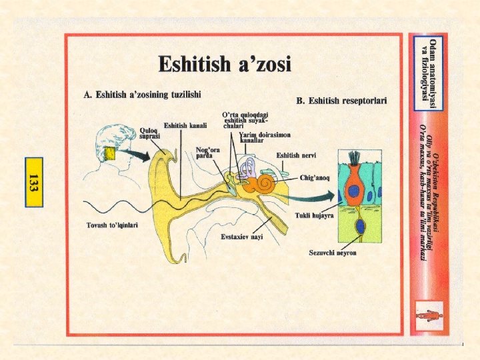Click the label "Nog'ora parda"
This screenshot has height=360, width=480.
point(207,152)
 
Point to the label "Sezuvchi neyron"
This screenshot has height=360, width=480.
point(332,253)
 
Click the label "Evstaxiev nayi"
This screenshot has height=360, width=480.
point(241,237)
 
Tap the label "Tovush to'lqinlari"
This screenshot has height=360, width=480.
point(112,225)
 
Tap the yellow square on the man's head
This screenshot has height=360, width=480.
point(110,155)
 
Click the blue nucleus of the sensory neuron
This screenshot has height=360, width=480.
point(361,227)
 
